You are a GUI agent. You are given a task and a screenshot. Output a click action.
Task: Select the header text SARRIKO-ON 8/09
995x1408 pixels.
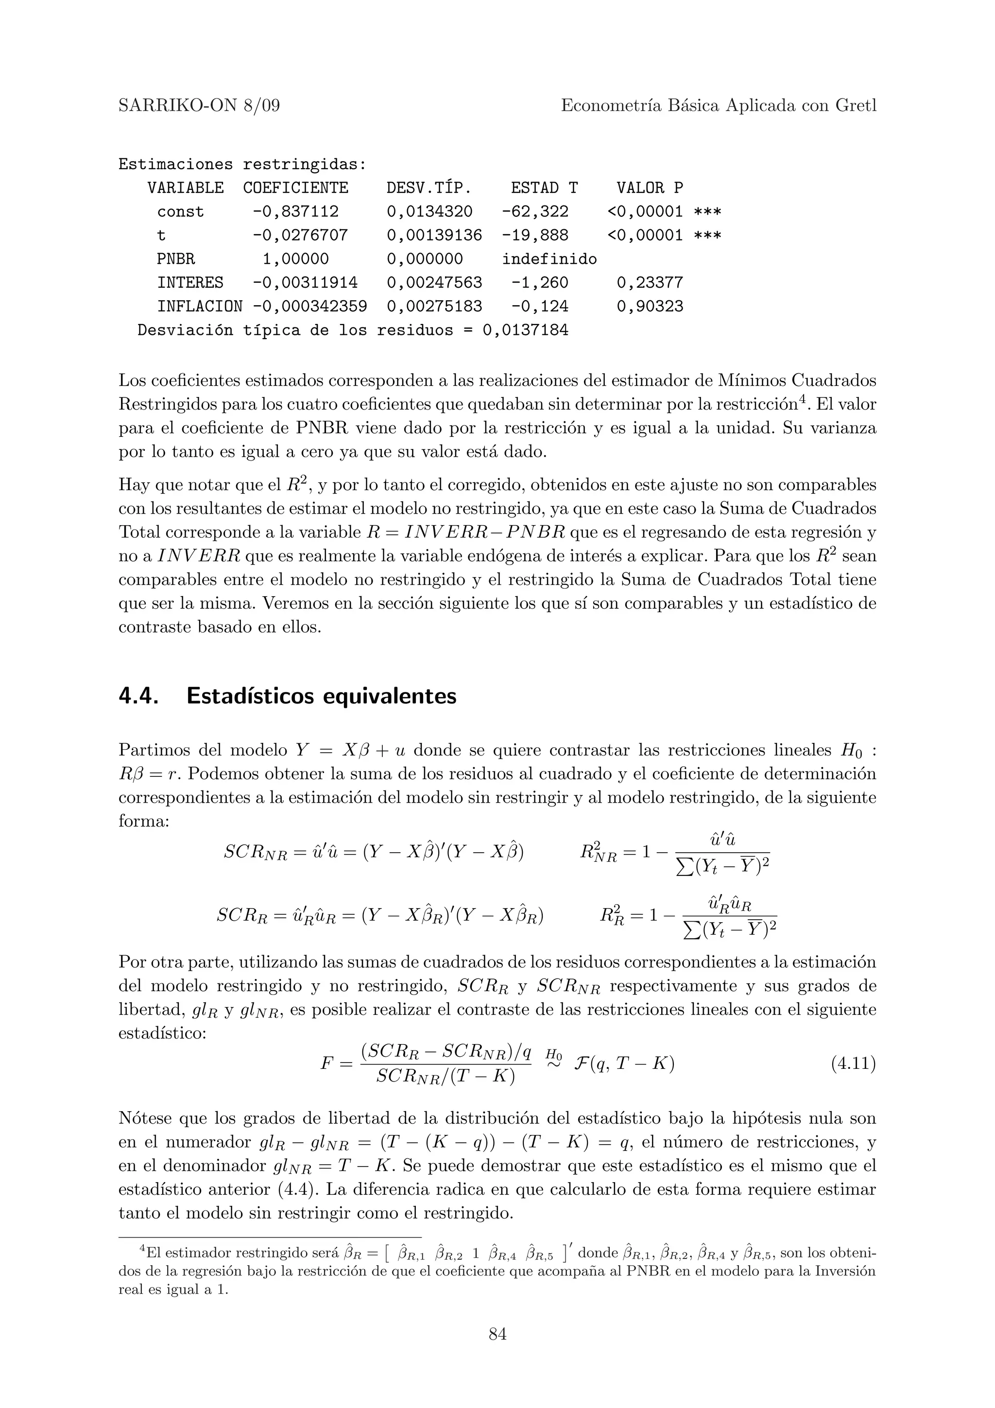pyautogui.click(x=199, y=106)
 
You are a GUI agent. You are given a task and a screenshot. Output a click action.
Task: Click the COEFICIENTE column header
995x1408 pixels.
pyautogui.click(x=295, y=188)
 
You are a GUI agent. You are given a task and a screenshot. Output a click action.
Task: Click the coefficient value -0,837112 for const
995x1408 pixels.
pyautogui.click(x=295, y=211)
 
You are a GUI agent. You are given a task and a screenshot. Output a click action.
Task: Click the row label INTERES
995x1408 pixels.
pyautogui.click(x=190, y=283)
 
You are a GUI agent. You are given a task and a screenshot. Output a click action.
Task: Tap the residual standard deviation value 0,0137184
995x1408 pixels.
pyautogui.click(x=525, y=330)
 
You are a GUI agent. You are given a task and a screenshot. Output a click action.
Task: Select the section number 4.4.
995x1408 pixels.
pyautogui.click(x=138, y=697)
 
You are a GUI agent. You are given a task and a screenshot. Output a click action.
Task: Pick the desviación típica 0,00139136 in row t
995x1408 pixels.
pyautogui.click(x=434, y=236)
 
